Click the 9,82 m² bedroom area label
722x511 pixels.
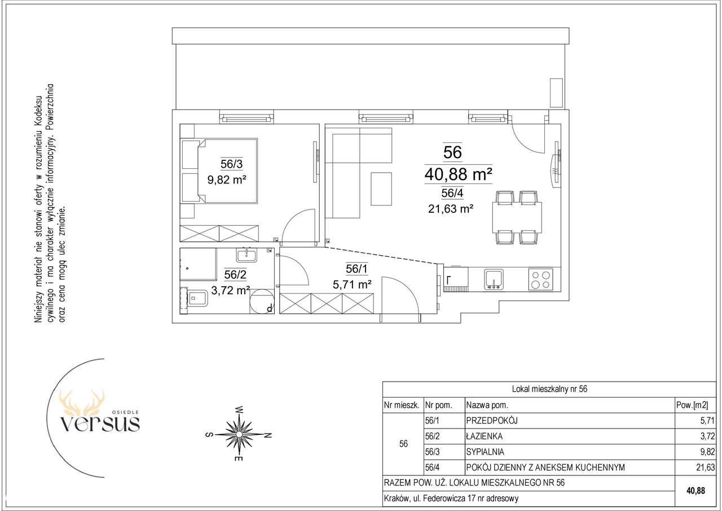227,180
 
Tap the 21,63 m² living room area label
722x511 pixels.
451,209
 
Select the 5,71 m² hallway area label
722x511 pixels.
352,284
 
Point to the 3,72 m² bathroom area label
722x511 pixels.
231,290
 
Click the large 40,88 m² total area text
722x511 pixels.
458,174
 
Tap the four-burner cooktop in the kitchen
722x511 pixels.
540,279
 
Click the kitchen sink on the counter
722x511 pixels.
493,279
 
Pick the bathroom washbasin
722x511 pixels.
246,255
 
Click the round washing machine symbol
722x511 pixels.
262,300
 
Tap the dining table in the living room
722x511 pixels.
517,217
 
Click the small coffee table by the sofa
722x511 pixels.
381,189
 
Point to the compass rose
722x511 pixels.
239,434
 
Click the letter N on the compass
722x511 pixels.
267,435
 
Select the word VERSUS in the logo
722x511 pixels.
100,423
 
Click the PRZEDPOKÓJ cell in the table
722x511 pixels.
491,421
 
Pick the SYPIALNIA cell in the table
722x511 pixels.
485,452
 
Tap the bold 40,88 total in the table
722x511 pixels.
696,491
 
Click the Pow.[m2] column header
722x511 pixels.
692,405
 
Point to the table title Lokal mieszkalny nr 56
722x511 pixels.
550,389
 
